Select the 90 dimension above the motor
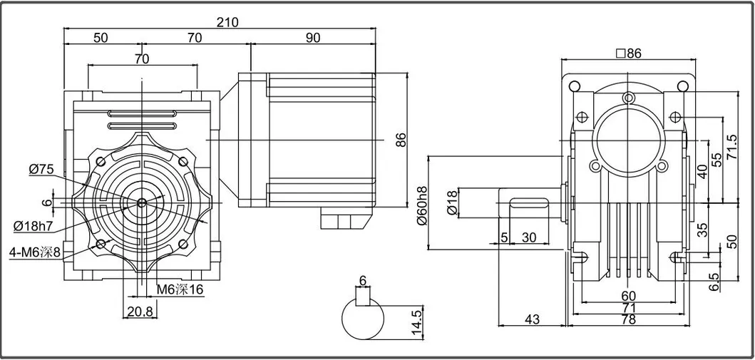[x=313, y=38]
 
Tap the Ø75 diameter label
[x=42, y=169]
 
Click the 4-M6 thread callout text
[x=40, y=252]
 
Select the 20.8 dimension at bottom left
[x=139, y=311]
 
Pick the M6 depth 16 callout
[x=180, y=289]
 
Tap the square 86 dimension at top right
[x=627, y=53]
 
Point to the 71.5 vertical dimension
[x=731, y=148]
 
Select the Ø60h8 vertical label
[x=422, y=206]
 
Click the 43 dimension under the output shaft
[x=531, y=320]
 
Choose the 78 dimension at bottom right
[x=627, y=321]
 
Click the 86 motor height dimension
[x=401, y=140]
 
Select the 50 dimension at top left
[x=101, y=38]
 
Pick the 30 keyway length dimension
[x=529, y=237]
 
